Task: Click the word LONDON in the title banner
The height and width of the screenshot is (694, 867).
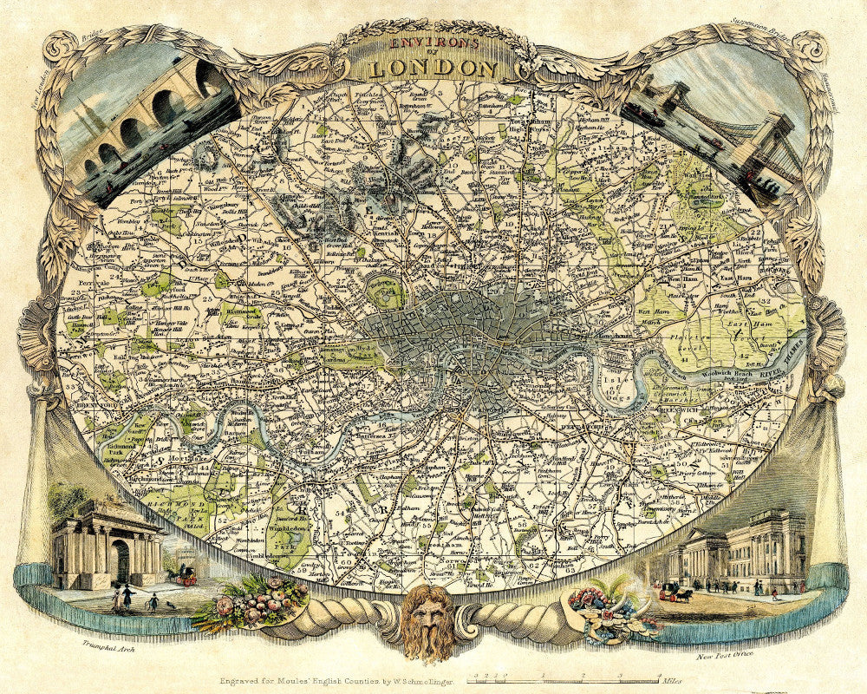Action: [x=433, y=67]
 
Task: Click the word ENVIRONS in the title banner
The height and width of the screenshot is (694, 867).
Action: [x=433, y=42]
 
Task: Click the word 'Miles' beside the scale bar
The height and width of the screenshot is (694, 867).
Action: [x=671, y=682]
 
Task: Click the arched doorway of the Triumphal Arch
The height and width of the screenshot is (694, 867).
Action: [x=120, y=561]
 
